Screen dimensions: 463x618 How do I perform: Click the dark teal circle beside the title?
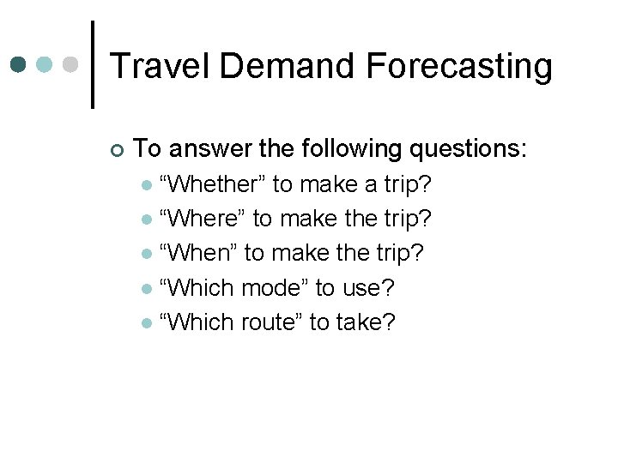19,64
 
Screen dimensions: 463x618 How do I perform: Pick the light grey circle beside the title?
73,64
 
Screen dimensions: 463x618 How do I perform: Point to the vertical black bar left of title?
93,65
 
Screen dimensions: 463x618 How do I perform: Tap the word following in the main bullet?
352,149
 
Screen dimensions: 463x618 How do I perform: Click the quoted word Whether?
213,184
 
